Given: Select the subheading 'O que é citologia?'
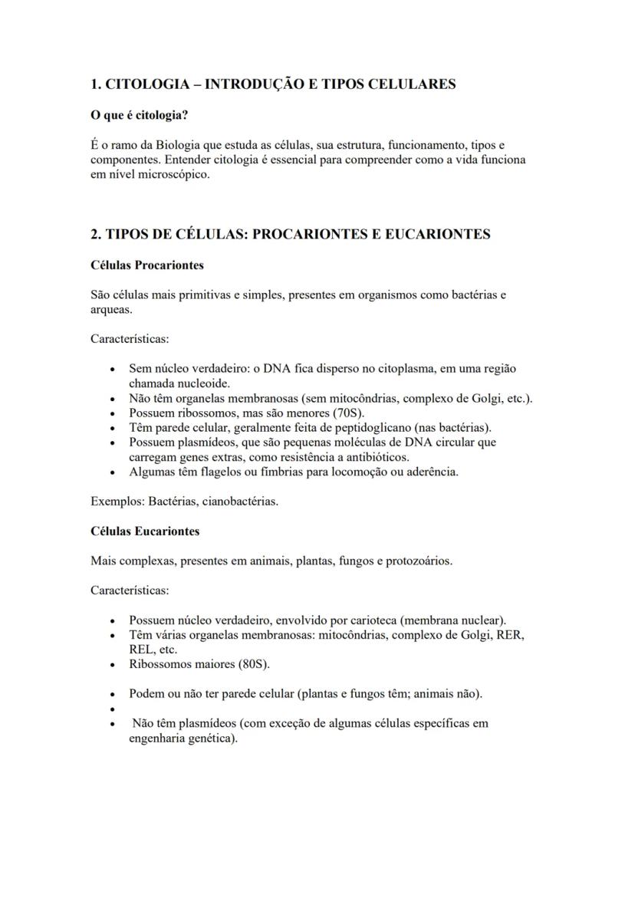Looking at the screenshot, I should pos(140,115).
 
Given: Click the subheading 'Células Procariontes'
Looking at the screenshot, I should pos(146,265).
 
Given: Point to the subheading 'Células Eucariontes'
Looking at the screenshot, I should pos(145,531).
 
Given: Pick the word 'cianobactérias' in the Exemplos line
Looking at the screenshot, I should pos(241,502).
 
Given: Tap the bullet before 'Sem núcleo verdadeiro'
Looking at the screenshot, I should pos(113,369).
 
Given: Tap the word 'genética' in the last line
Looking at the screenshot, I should pos(214,738).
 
